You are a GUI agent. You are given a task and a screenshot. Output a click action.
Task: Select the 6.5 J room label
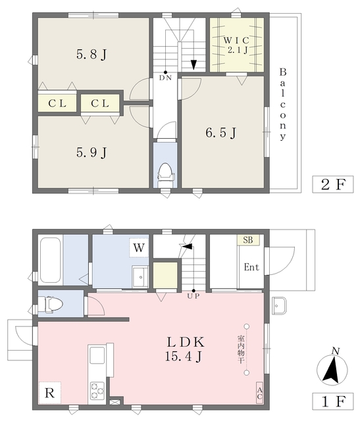[220, 132]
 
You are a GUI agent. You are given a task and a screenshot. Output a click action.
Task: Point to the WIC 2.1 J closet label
[237, 43]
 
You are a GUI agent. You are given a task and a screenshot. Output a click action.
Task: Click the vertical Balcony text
[283, 104]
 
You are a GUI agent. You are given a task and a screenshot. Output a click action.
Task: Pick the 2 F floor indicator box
[332, 184]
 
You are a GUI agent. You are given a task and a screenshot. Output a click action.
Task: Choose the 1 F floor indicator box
[332, 399]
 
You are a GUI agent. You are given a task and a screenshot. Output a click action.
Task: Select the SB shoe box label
[249, 241]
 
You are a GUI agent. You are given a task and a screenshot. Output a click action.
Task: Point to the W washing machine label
[140, 248]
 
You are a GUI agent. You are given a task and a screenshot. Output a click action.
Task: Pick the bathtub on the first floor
[51, 260]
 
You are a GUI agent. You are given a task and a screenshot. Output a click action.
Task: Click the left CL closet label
[56, 103]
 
